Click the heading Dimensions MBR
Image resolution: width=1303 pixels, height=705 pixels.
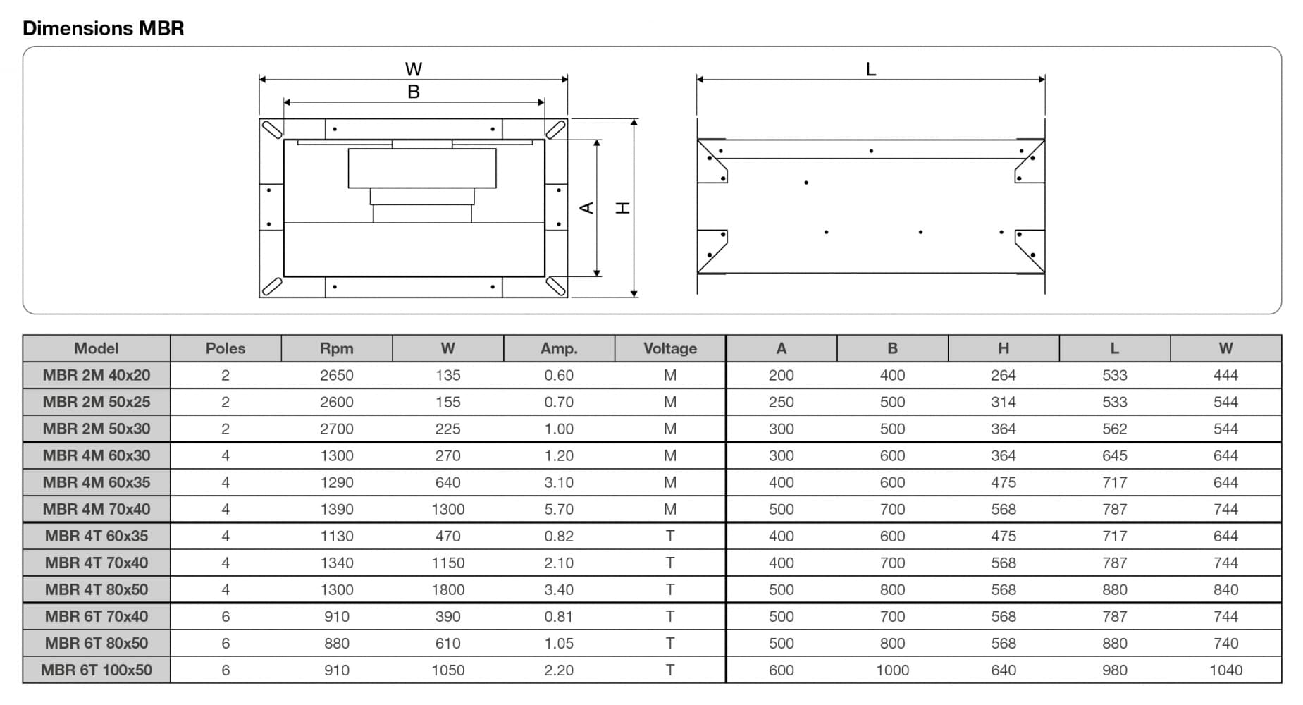(104, 28)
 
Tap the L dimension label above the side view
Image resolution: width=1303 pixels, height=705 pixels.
(871, 69)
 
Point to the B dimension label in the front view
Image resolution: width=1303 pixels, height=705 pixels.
(414, 92)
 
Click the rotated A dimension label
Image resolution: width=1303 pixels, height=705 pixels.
(586, 207)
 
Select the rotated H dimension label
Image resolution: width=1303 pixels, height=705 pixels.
(623, 207)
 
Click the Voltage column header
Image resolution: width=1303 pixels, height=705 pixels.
(670, 348)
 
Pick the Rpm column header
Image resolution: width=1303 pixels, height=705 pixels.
(337, 348)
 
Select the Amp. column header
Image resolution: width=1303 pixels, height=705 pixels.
(559, 348)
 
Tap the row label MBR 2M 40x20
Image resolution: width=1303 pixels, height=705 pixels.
(97, 375)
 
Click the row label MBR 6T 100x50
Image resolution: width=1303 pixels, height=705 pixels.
(97, 670)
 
